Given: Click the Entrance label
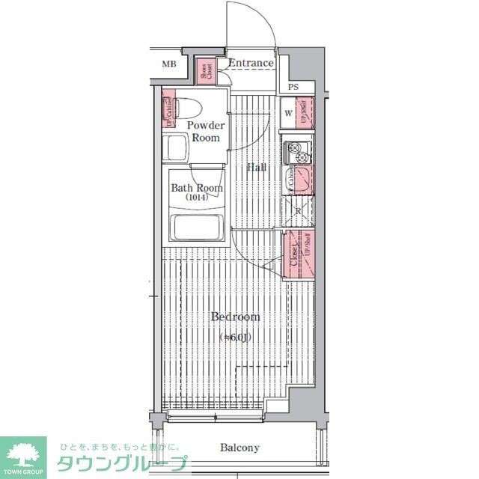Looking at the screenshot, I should coord(251,63).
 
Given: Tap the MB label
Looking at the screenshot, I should coord(169,64).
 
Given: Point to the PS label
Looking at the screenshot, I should coord(293,87).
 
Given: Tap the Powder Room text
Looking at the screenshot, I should coord(205,131).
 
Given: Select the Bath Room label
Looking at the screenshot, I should coord(197,188).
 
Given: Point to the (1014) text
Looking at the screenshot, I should coord(197,198).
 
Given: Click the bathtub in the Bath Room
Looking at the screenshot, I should coord(198,227).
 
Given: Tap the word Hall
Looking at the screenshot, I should coord(257,168).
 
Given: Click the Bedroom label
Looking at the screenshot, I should coord(235,317).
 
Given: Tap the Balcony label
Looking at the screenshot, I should coord(239,448).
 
